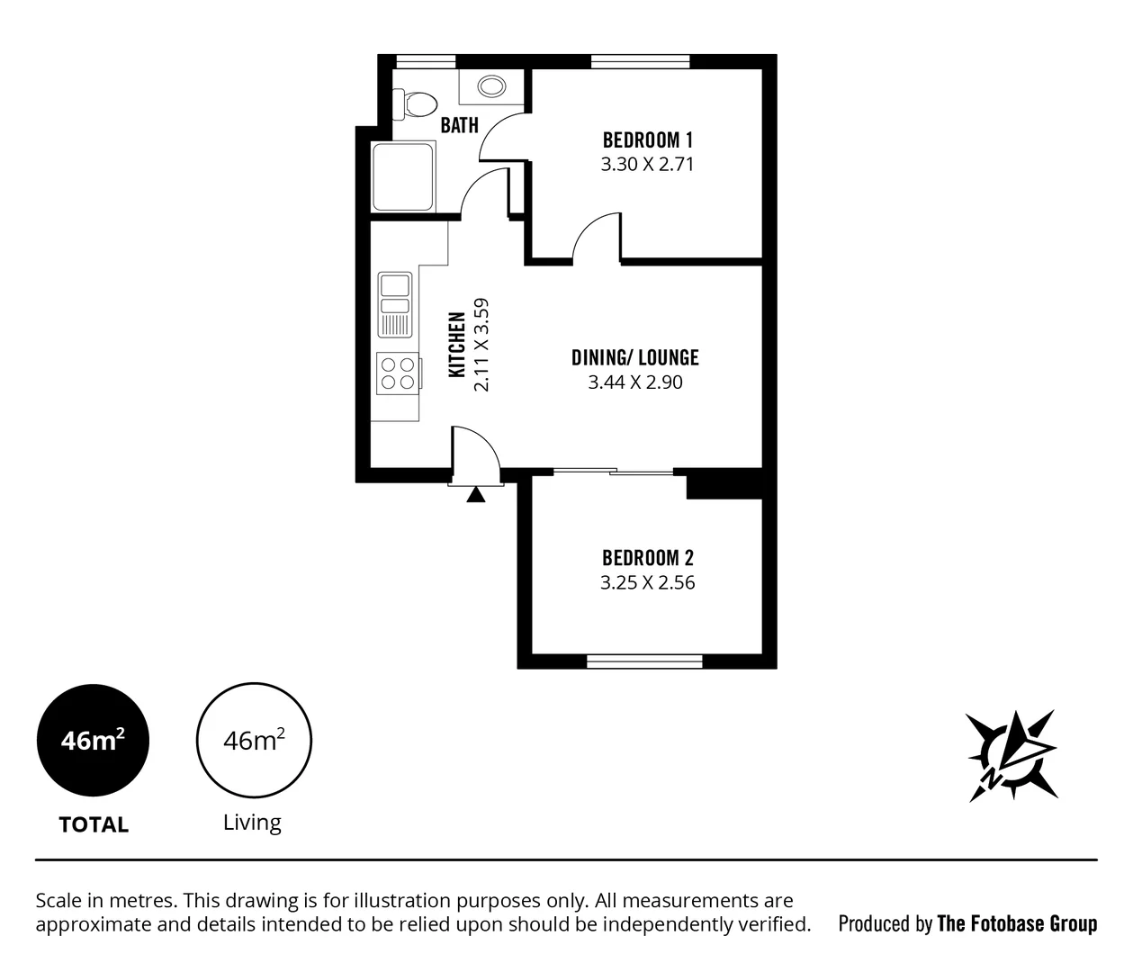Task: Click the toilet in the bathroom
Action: point(415,103)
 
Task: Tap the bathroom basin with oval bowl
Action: point(490,86)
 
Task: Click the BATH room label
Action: point(459,125)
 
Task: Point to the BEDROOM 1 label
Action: point(647,139)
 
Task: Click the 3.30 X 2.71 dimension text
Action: point(647,165)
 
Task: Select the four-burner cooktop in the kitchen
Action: point(398,373)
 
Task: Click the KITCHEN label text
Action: point(457,345)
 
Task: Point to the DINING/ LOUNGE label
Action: point(634,357)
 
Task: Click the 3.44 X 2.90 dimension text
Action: point(634,382)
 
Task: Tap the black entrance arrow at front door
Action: point(476,493)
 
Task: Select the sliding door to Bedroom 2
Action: point(613,471)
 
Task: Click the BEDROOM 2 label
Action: point(647,557)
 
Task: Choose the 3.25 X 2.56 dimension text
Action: point(647,582)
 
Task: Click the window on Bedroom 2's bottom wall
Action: point(644,661)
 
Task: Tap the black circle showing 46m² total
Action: point(93,741)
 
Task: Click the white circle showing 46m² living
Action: point(254,741)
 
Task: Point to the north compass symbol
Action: point(1010,754)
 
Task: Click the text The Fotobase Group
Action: point(1017,923)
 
